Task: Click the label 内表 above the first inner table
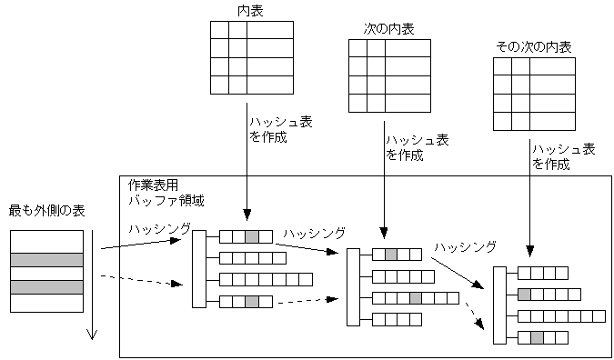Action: coord(251,10)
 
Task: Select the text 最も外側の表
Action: coord(46,211)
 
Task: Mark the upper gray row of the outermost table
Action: coord(46,259)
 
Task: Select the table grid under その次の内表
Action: coord(534,95)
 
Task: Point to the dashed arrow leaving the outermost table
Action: coord(136,279)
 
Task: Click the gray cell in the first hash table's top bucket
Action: coord(252,236)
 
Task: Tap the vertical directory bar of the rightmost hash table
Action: coord(498,305)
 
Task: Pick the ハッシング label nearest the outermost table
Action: coord(159,228)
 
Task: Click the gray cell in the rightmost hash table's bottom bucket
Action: coord(537,338)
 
